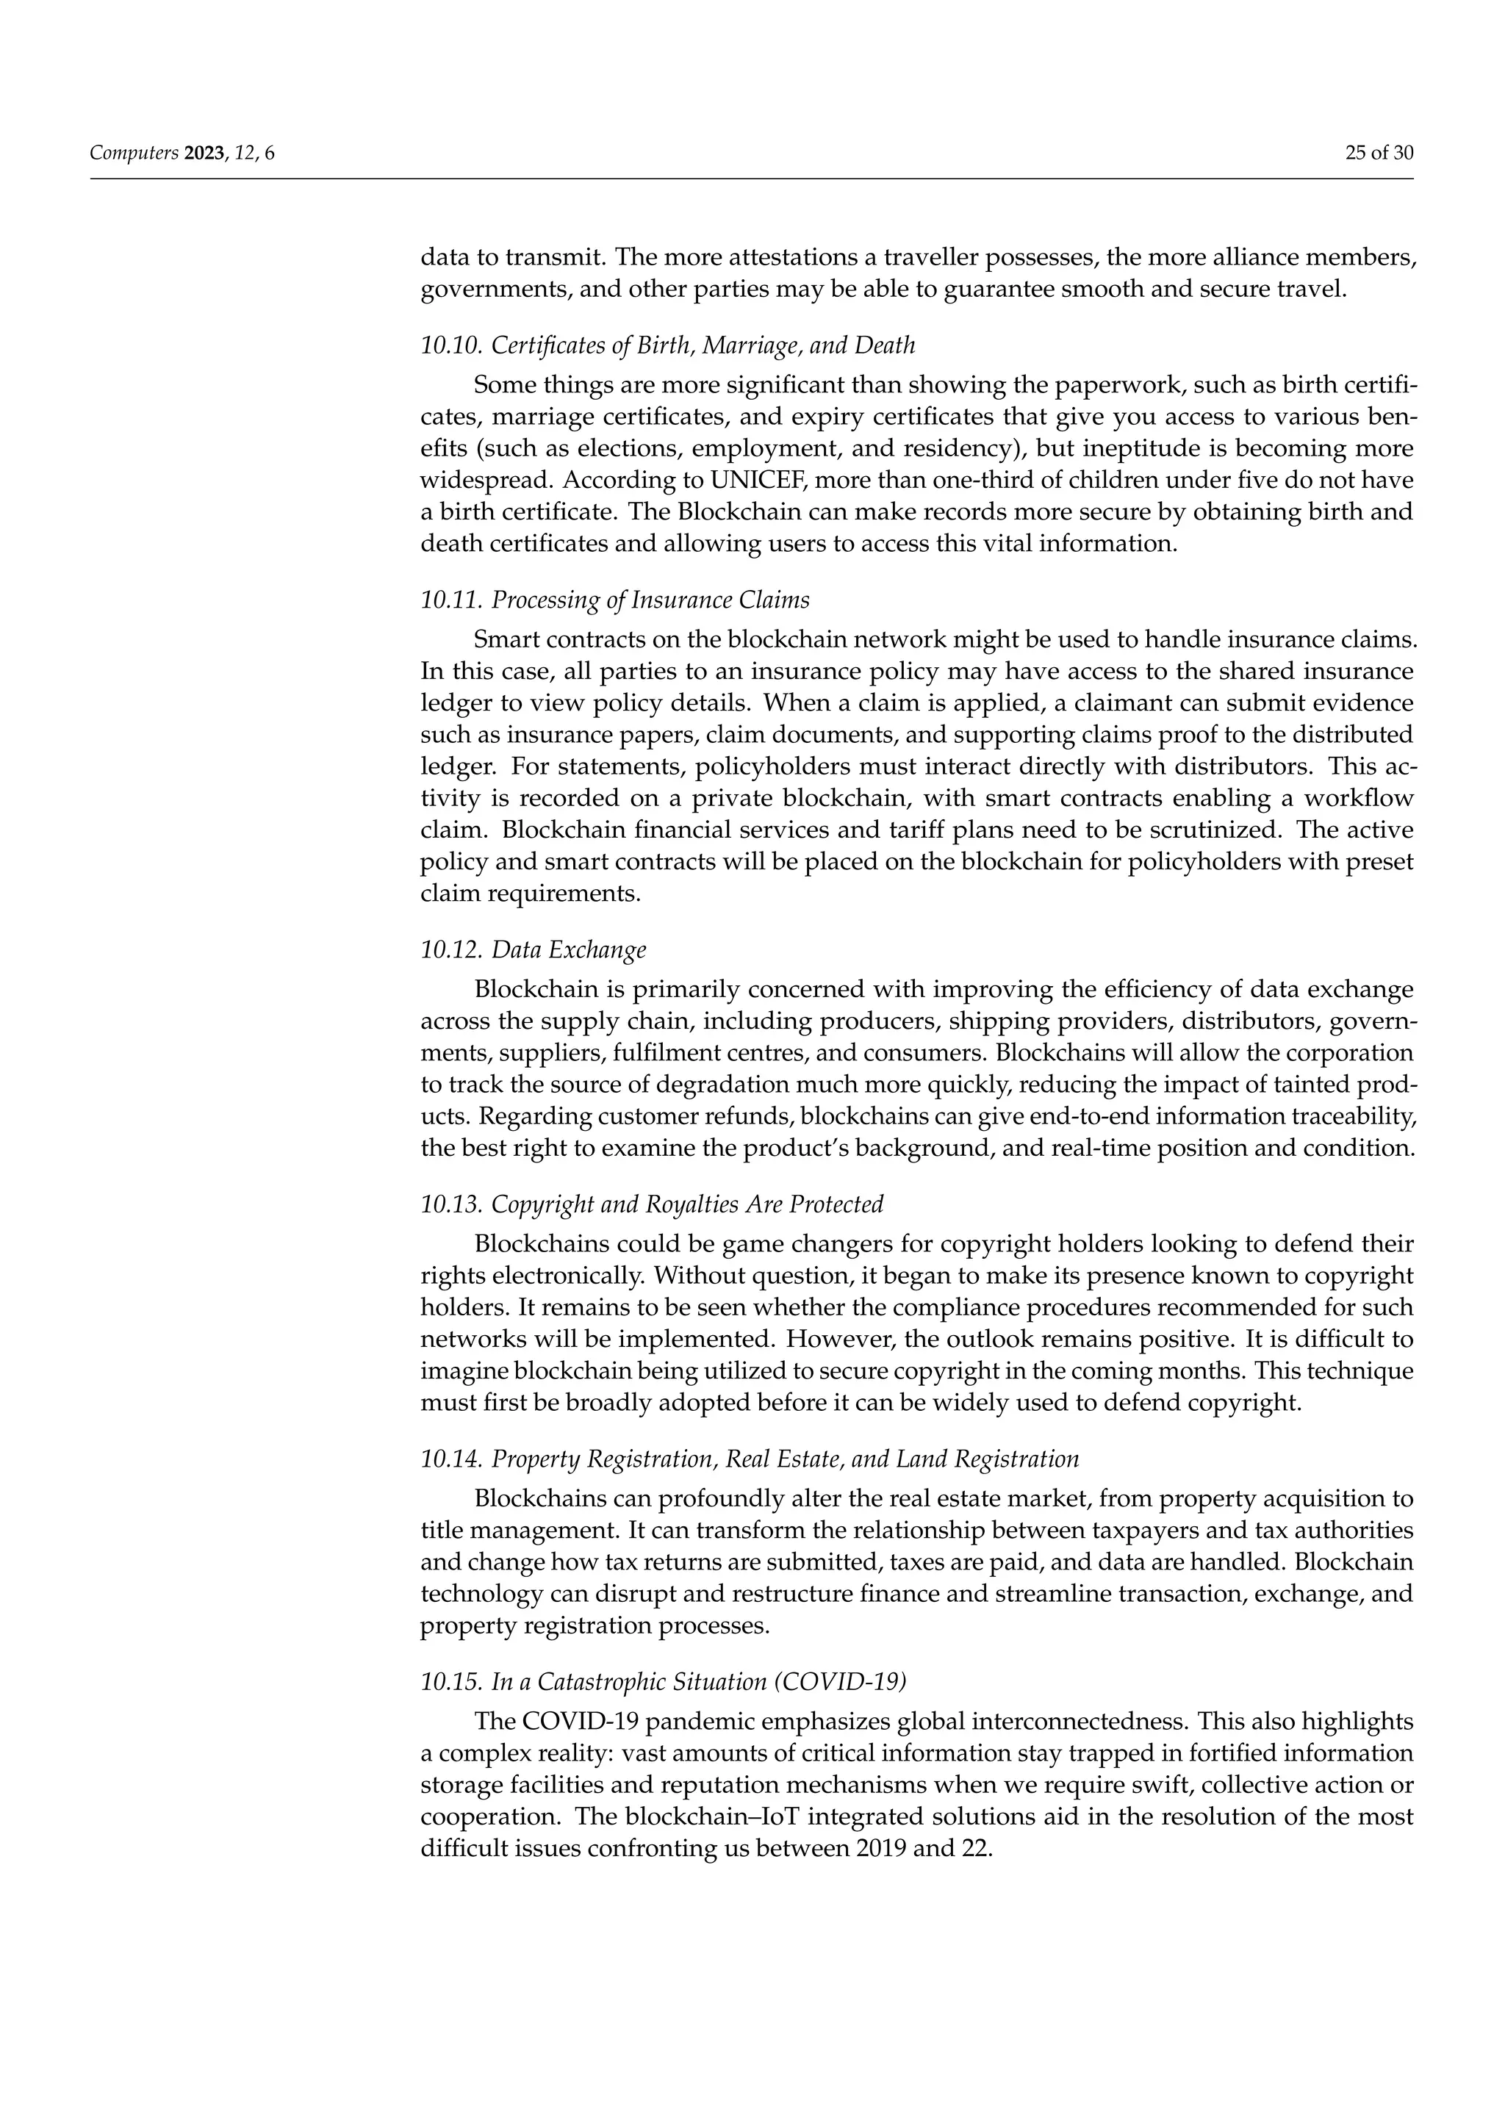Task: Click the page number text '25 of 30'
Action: [1379, 154]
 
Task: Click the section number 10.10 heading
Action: [450, 345]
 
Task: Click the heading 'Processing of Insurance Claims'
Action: [650, 600]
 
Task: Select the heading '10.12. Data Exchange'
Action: [533, 950]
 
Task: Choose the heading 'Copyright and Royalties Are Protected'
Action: [686, 1204]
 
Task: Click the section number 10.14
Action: [450, 1459]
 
